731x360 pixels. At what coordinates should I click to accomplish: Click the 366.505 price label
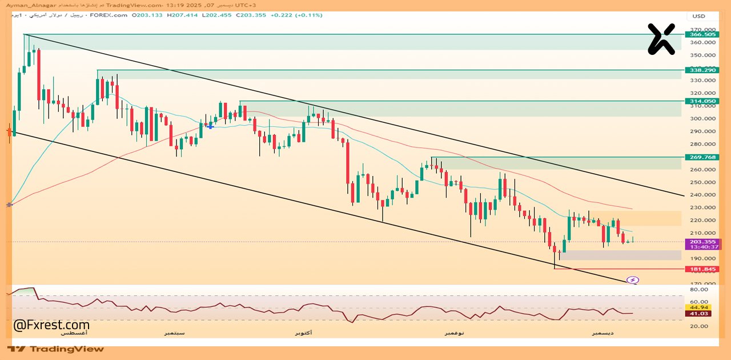(x=702, y=34)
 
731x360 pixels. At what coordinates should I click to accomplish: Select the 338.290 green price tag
(x=702, y=70)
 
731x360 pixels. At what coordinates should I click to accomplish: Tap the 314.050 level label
(x=702, y=101)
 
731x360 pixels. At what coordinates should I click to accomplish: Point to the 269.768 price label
(x=702, y=157)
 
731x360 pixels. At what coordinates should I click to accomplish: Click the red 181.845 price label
(x=702, y=269)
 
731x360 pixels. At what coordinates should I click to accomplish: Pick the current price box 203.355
(x=702, y=242)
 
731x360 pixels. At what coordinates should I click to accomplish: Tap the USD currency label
(x=699, y=16)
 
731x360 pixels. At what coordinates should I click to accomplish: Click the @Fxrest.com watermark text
(x=51, y=325)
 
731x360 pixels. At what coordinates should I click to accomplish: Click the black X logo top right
(x=661, y=39)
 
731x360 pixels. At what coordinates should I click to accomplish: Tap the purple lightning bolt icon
(x=633, y=280)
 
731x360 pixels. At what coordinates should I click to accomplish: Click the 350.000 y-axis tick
(x=702, y=55)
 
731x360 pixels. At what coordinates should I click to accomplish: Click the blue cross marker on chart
(x=210, y=125)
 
